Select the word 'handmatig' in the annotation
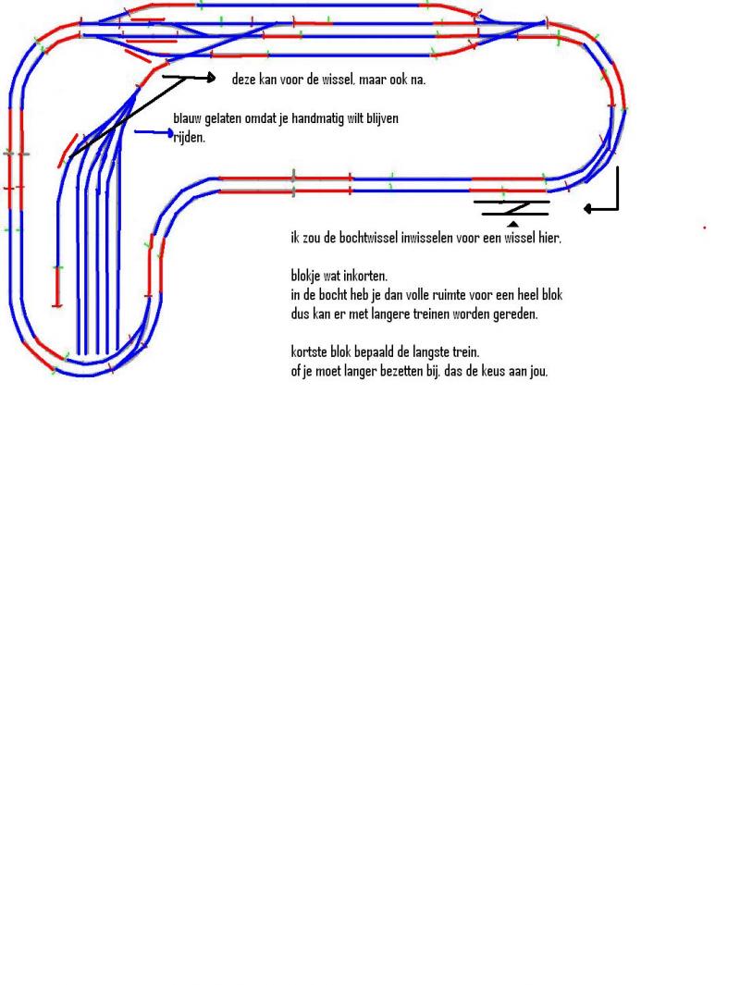pos(316,118)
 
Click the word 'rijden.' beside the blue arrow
pos(189,137)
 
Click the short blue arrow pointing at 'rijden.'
pos(154,132)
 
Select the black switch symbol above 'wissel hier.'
pos(512,208)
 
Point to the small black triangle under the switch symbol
pos(513,224)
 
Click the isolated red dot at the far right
pos(704,228)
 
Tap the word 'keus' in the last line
pos(492,371)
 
